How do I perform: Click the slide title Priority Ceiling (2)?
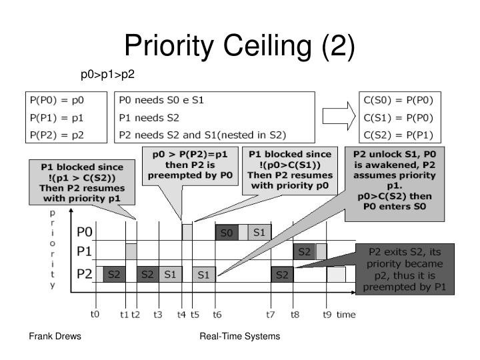point(240,47)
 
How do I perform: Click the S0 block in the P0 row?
point(226,233)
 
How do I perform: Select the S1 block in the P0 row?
point(258,233)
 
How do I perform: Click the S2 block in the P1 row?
point(304,252)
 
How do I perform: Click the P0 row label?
point(85,232)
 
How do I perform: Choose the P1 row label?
point(85,252)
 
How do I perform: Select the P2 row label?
point(85,273)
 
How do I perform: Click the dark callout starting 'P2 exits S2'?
point(405,269)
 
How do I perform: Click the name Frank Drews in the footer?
point(55,337)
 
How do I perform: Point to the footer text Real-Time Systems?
point(240,337)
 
